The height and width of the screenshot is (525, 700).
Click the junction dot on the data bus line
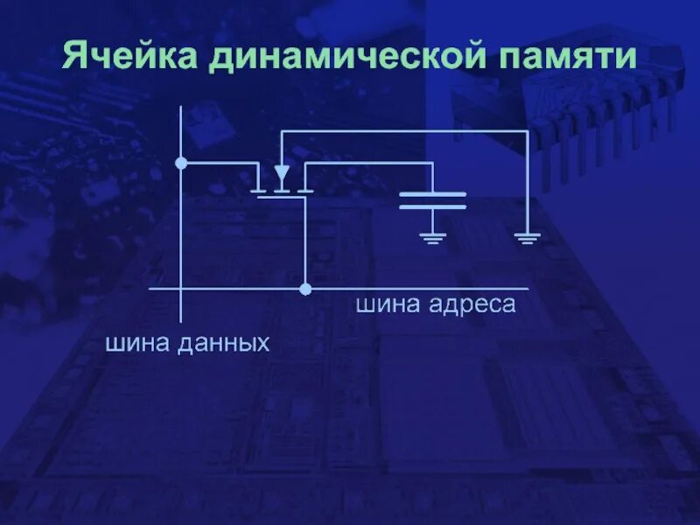click(x=181, y=163)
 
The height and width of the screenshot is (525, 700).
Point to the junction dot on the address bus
click(x=304, y=288)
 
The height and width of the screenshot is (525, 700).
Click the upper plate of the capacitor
click(x=432, y=193)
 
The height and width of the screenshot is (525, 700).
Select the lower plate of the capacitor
click(x=432, y=206)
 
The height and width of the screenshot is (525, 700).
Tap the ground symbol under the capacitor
click(x=432, y=236)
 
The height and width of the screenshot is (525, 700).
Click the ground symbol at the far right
click(x=527, y=236)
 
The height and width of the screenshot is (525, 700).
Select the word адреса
click(x=472, y=305)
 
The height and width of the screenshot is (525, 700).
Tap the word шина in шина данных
click(x=137, y=343)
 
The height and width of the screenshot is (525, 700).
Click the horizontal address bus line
click(x=420, y=288)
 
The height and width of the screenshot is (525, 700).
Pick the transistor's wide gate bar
click(x=281, y=197)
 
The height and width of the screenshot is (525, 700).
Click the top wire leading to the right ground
click(x=402, y=131)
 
